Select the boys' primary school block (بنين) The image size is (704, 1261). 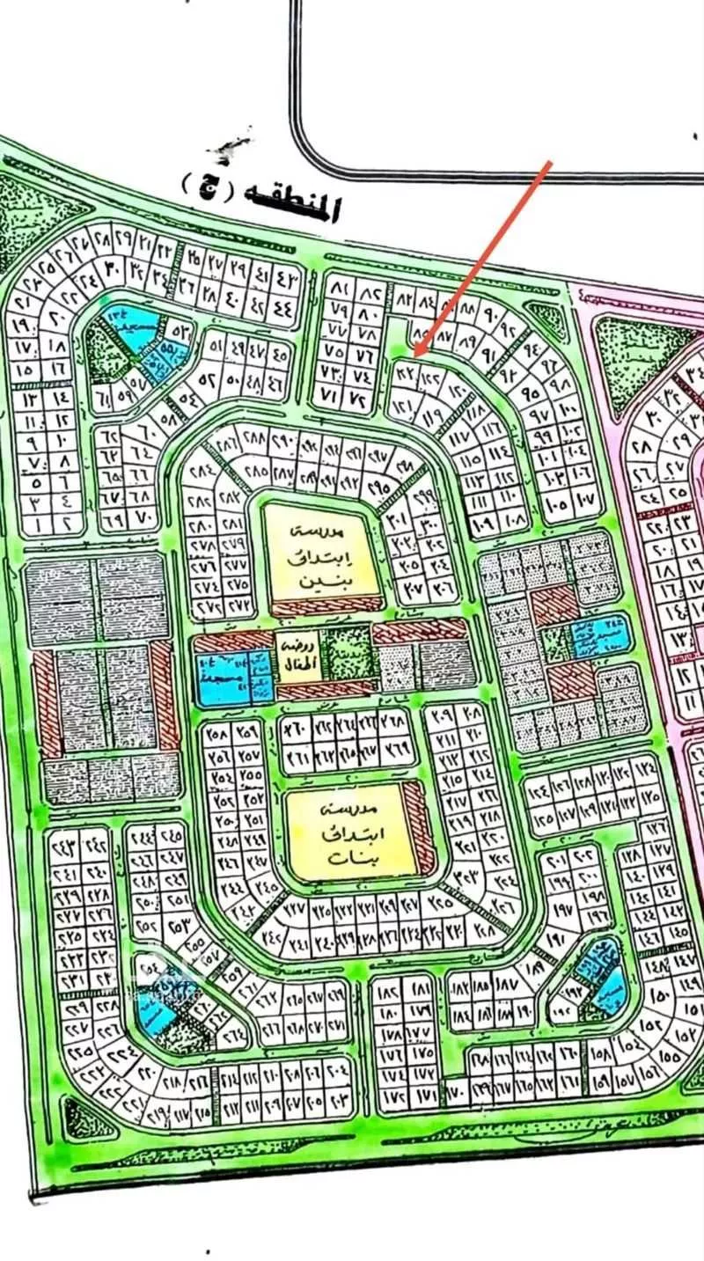coord(324,555)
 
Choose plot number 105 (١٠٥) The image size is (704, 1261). coord(555,506)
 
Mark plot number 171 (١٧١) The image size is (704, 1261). coord(427,1096)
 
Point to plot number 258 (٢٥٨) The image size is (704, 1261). coord(217,732)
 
